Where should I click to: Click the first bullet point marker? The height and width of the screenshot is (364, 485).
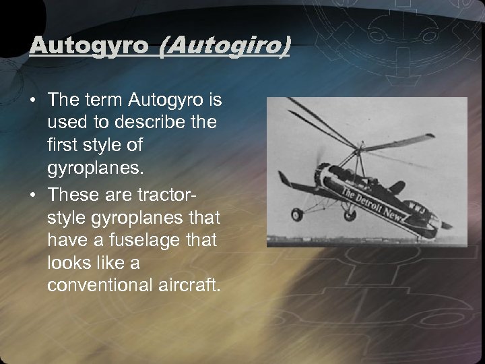[x=33, y=101]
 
